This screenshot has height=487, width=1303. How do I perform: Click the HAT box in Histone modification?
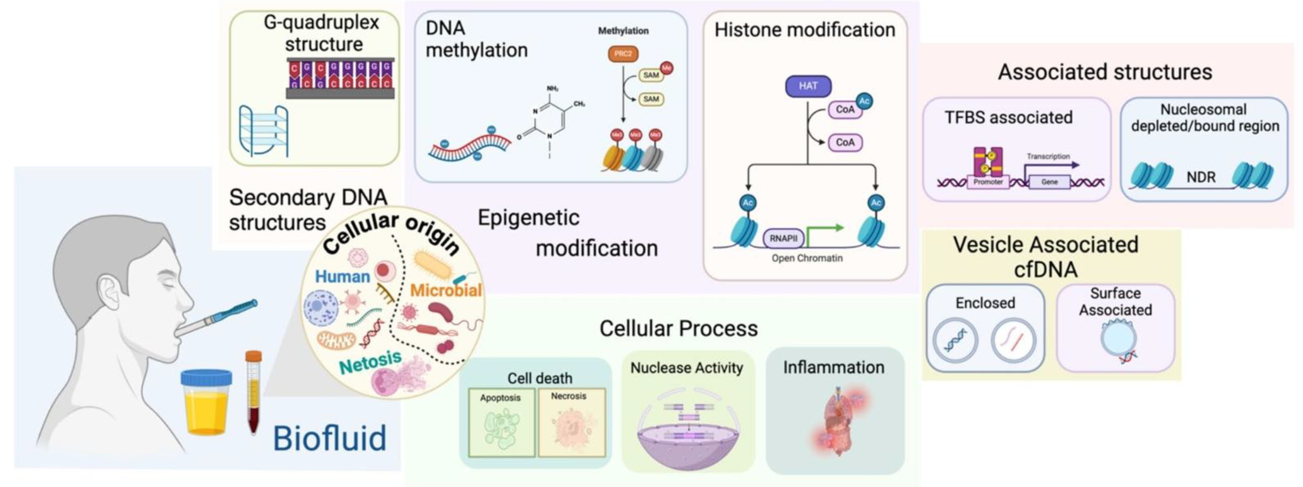(x=808, y=86)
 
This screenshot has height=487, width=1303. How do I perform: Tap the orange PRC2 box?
(x=623, y=54)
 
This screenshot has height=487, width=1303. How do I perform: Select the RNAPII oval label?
(x=783, y=238)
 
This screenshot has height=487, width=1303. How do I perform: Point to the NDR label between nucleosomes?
(x=1201, y=177)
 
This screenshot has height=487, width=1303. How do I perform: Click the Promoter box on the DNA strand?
(x=988, y=182)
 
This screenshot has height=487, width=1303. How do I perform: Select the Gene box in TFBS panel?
(x=1049, y=182)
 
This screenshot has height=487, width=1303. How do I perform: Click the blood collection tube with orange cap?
(x=253, y=392)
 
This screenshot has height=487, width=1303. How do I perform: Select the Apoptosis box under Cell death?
(x=501, y=422)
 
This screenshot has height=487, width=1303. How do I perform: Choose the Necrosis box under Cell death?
(x=571, y=422)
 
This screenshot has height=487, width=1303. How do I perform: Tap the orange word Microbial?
(x=445, y=290)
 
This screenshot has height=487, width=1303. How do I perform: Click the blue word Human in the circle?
(x=342, y=277)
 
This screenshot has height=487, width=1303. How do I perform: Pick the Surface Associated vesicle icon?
(x=1118, y=341)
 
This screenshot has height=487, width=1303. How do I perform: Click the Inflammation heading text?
(x=833, y=367)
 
